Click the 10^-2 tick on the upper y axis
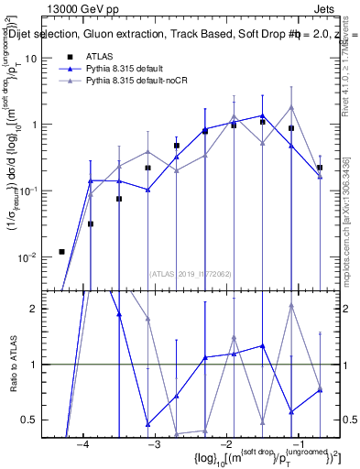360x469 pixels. (x=30, y=257)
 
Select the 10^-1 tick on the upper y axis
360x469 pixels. (x=30, y=191)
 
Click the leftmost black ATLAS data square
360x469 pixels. (x=61, y=251)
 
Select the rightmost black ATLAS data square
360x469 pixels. (x=320, y=168)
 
